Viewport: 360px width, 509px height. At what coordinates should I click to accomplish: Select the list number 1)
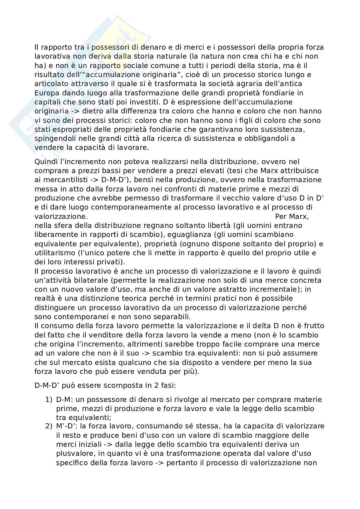(49, 400)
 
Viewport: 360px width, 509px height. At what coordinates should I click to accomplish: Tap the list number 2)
(49, 426)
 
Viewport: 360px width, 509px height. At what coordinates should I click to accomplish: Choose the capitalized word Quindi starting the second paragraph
(44, 162)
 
